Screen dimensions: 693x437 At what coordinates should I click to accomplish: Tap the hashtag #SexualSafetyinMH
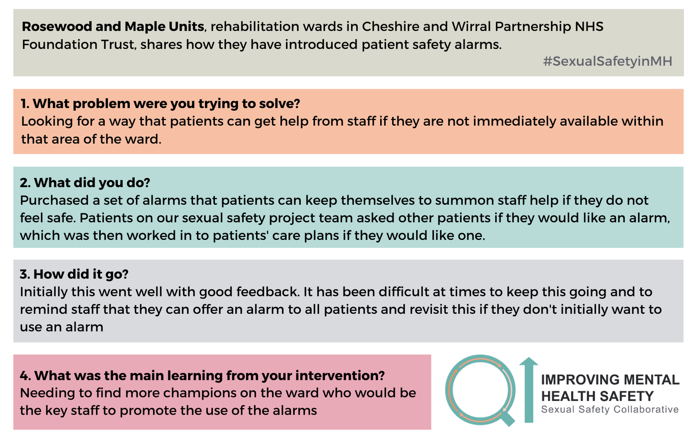(608, 61)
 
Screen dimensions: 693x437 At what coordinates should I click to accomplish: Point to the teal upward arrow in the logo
(529, 390)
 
